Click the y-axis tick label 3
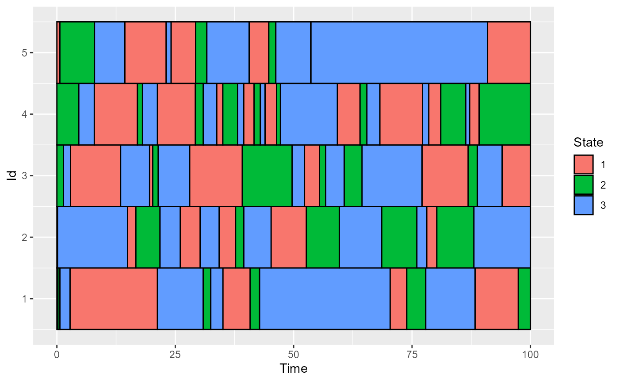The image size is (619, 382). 24,176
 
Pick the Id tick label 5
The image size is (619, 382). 24,53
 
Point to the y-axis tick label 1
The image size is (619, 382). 24,299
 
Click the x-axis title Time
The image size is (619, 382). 293,368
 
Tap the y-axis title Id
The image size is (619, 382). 13,176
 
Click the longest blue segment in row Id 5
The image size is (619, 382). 399,53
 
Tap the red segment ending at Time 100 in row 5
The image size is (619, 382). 508,53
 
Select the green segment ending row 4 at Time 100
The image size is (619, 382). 504,114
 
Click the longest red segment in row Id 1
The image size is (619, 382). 114,299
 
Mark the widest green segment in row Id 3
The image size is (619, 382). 267,176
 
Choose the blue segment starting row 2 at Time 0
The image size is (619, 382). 92,237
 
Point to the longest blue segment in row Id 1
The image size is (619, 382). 325,299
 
